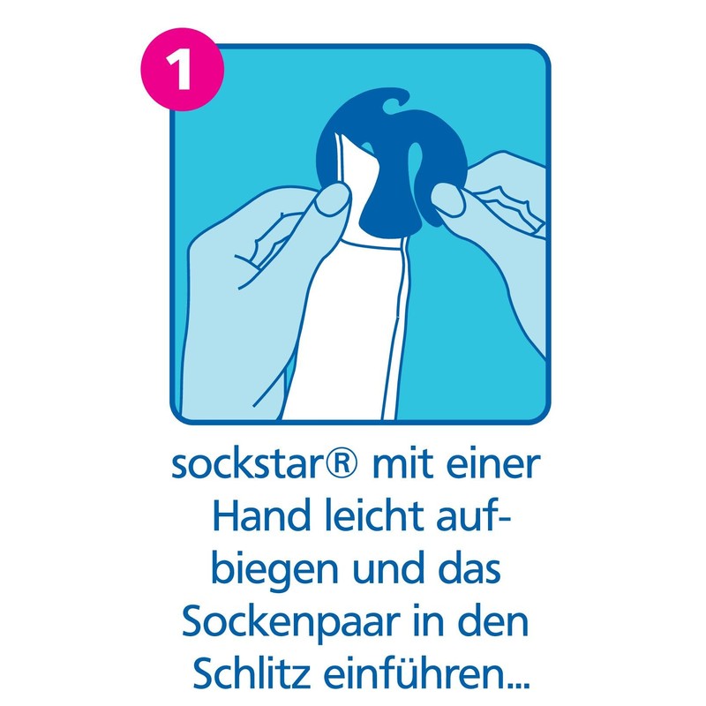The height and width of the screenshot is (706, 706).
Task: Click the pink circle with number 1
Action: pos(182,71)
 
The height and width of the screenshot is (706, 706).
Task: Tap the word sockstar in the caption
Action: pos(245,464)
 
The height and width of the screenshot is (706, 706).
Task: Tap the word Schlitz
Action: pos(248,674)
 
